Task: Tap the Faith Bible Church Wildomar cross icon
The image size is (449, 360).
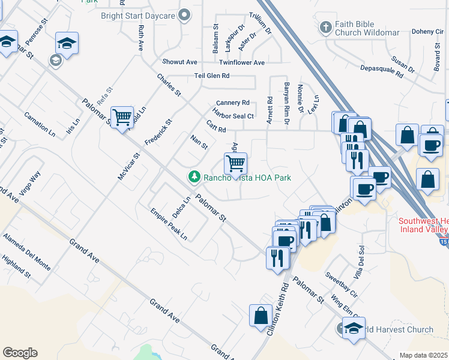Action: point(325,27)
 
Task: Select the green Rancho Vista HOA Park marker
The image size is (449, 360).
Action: point(193,177)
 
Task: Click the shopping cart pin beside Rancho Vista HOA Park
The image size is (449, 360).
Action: point(236,163)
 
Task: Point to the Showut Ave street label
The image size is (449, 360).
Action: point(179,62)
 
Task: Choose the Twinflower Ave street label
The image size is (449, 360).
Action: point(242,62)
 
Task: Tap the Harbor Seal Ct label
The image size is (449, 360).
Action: point(233,113)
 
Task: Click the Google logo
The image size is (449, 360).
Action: point(20,353)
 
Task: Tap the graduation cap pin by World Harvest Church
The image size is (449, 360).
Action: point(354,329)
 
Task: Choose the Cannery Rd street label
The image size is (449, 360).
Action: point(233,103)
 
